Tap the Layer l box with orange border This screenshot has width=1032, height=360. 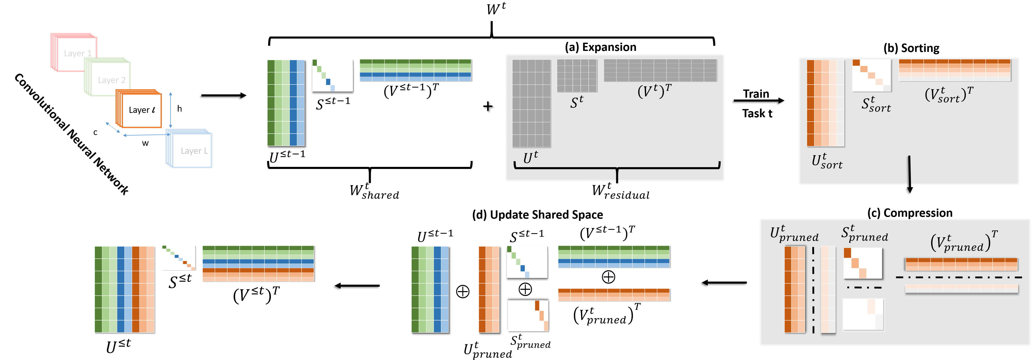[140, 109]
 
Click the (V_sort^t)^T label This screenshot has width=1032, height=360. [949, 95]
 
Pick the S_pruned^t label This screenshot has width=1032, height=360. [865, 233]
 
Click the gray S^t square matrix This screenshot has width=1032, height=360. [577, 76]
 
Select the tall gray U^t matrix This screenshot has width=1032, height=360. [531, 103]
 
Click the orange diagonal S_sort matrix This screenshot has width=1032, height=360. [871, 76]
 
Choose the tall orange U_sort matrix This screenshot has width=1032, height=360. [825, 103]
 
